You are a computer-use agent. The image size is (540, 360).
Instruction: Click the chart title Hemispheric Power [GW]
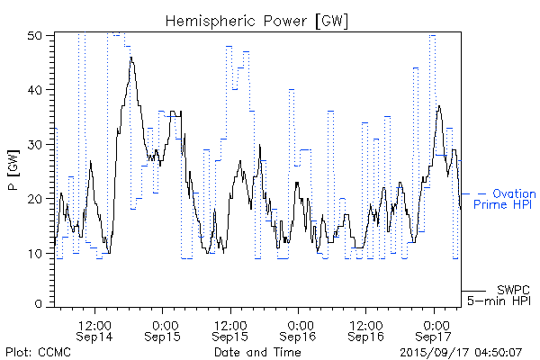[x=257, y=20]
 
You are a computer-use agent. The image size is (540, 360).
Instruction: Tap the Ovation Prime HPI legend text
[x=508, y=200]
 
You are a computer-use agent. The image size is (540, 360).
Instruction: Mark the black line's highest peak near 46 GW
[x=131, y=58]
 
